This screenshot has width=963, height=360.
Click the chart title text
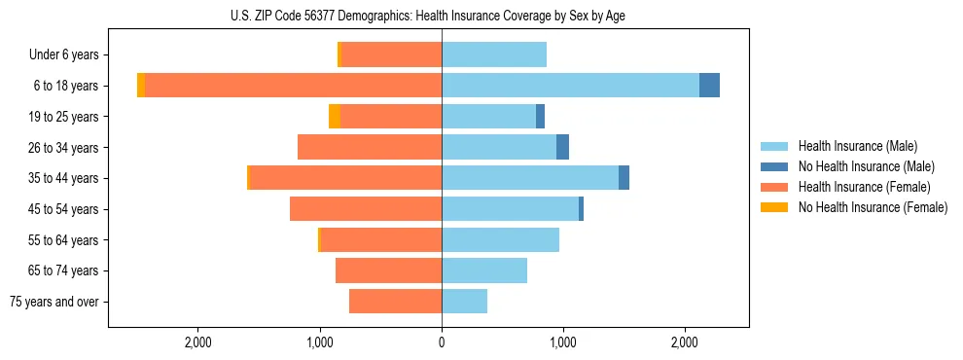[442, 15]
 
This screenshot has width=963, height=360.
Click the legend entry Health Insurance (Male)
[857, 146]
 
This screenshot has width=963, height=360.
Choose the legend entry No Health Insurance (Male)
[866, 166]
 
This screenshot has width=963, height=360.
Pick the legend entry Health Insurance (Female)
[864, 187]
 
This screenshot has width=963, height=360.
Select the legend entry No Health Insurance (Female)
[873, 207]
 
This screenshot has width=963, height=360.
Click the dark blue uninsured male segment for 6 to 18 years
[709, 86]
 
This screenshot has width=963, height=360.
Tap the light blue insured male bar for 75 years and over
[464, 302]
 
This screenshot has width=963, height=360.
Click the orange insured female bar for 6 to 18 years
[292, 86]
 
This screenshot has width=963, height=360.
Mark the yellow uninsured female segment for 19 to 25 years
[335, 117]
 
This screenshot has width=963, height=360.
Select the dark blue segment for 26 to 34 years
[562, 147]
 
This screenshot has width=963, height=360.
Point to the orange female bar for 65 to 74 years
[388, 270]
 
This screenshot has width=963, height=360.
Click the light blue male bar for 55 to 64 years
[500, 239]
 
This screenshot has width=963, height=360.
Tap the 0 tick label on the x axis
[442, 342]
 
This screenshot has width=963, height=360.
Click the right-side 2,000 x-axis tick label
[685, 342]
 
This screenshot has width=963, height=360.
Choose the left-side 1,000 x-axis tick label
[320, 342]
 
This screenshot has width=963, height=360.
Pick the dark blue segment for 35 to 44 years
[624, 178]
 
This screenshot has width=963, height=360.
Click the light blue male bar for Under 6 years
[494, 55]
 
